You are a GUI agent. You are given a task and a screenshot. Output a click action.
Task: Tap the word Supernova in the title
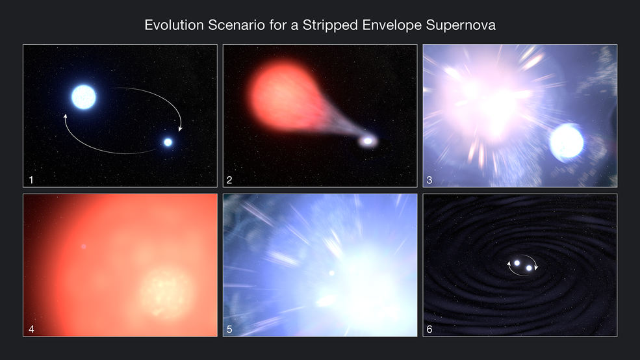[464, 26]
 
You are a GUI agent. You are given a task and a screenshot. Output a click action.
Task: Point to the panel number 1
[29, 179]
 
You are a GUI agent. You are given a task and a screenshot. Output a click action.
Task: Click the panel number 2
[229, 179]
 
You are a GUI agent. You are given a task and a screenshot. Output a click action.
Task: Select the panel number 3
[429, 179]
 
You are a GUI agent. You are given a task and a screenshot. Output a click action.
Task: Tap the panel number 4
[29, 329]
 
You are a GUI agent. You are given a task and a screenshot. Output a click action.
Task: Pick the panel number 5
[229, 329]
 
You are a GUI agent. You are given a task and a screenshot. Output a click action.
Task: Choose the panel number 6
[429, 329]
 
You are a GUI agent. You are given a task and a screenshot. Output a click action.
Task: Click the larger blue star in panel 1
[83, 97]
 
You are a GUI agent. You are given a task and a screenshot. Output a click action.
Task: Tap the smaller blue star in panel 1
[168, 142]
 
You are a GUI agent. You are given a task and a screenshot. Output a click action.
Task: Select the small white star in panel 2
[368, 140]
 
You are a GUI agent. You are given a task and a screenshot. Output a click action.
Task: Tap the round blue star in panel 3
[567, 144]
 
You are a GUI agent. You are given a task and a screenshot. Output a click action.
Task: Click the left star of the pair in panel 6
[517, 263]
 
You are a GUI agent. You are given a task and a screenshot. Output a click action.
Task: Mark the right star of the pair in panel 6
[529, 268]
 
